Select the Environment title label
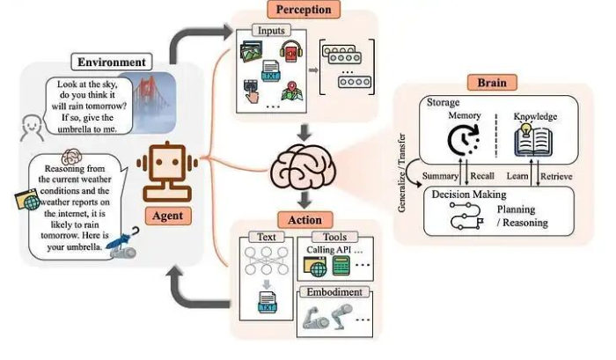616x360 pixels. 112,62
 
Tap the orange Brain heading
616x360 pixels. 491,82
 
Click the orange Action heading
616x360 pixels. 304,219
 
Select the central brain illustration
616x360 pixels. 304,168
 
